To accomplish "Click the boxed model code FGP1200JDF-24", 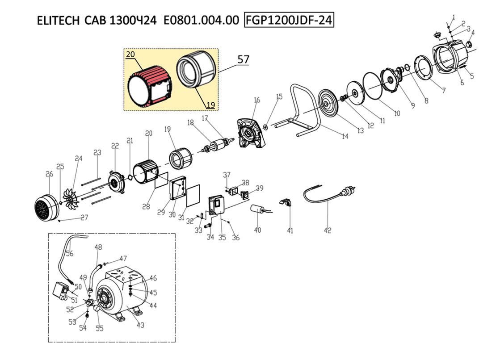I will pos(289,20).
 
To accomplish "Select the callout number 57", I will pos(243,59).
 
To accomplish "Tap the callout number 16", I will pos(256,100).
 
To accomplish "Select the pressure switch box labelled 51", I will pos(60,291).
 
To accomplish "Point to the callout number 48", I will pos(98,247).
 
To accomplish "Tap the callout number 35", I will pos(222,238).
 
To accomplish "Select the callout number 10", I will pos(397,113).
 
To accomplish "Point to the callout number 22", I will pos(115,146).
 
